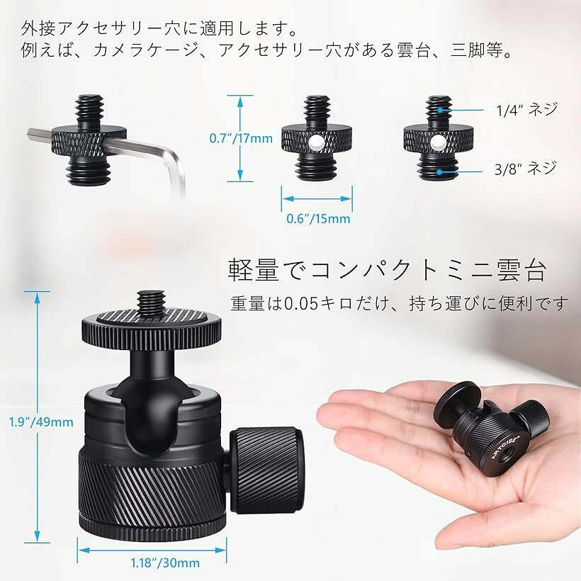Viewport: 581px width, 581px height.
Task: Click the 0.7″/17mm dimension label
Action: pyautogui.click(x=241, y=138)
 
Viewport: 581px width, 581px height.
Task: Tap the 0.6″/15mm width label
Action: pyautogui.click(x=318, y=219)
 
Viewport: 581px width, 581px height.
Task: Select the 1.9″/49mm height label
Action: pyautogui.click(x=41, y=422)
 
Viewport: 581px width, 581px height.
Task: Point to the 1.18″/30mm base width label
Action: pyautogui.click(x=165, y=563)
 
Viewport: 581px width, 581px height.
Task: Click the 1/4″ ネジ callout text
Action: pyautogui.click(x=526, y=110)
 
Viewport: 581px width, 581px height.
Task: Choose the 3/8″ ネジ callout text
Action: pyautogui.click(x=526, y=169)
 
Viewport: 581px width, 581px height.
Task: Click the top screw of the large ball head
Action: pyautogui.click(x=152, y=303)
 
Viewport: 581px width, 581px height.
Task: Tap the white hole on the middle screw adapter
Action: pyautogui.click(x=315, y=142)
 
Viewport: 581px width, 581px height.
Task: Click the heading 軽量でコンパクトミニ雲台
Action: pyautogui.click(x=386, y=271)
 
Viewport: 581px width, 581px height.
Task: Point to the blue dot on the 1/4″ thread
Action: pyautogui.click(x=439, y=110)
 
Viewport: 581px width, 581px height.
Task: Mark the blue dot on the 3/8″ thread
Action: pyautogui.click(x=439, y=171)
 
